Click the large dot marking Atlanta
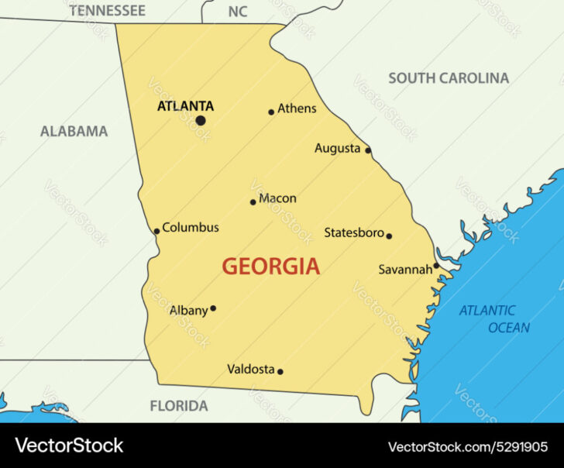pyautogui.click(x=201, y=120)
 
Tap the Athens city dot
pyautogui.click(x=271, y=112)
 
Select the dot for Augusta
pyautogui.click(x=368, y=150)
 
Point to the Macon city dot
pyautogui.click(x=253, y=202)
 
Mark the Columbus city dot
pyautogui.click(x=156, y=231)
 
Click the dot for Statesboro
pyautogui.click(x=389, y=236)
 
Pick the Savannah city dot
pyautogui.click(x=436, y=265)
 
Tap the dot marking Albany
pyautogui.click(x=213, y=308)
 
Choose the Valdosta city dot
pyautogui.click(x=280, y=371)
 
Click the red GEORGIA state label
pyautogui.click(x=270, y=267)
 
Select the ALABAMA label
pyautogui.click(x=74, y=131)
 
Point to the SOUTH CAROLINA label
pyautogui.click(x=449, y=77)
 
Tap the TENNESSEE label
pyautogui.click(x=107, y=11)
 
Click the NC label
pyautogui.click(x=238, y=12)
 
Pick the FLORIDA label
pyautogui.click(x=179, y=405)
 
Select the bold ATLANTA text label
pyautogui.click(x=185, y=106)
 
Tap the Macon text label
pyautogui.click(x=277, y=198)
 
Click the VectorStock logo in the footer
pyautogui.click(x=69, y=446)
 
